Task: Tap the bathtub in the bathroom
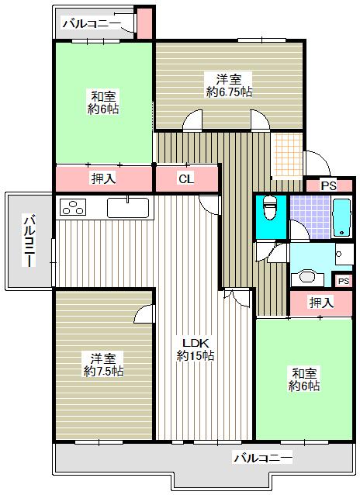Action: (341, 217)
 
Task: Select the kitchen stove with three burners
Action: (73, 207)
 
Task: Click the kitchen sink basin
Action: (128, 207)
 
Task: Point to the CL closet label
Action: (186, 179)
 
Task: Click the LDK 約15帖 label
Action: (196, 349)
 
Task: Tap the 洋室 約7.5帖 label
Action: (103, 365)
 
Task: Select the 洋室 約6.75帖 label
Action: (229, 85)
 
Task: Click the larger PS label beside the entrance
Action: (329, 186)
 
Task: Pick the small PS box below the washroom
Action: (344, 281)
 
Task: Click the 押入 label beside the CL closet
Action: (103, 178)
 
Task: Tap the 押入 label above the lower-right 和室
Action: (321, 303)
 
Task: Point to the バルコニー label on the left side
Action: (29, 241)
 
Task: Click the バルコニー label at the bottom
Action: (263, 458)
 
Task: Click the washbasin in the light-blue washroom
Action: (307, 277)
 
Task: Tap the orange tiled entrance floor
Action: (287, 154)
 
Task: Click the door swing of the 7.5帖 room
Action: (144, 313)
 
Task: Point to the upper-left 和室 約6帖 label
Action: (103, 102)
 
